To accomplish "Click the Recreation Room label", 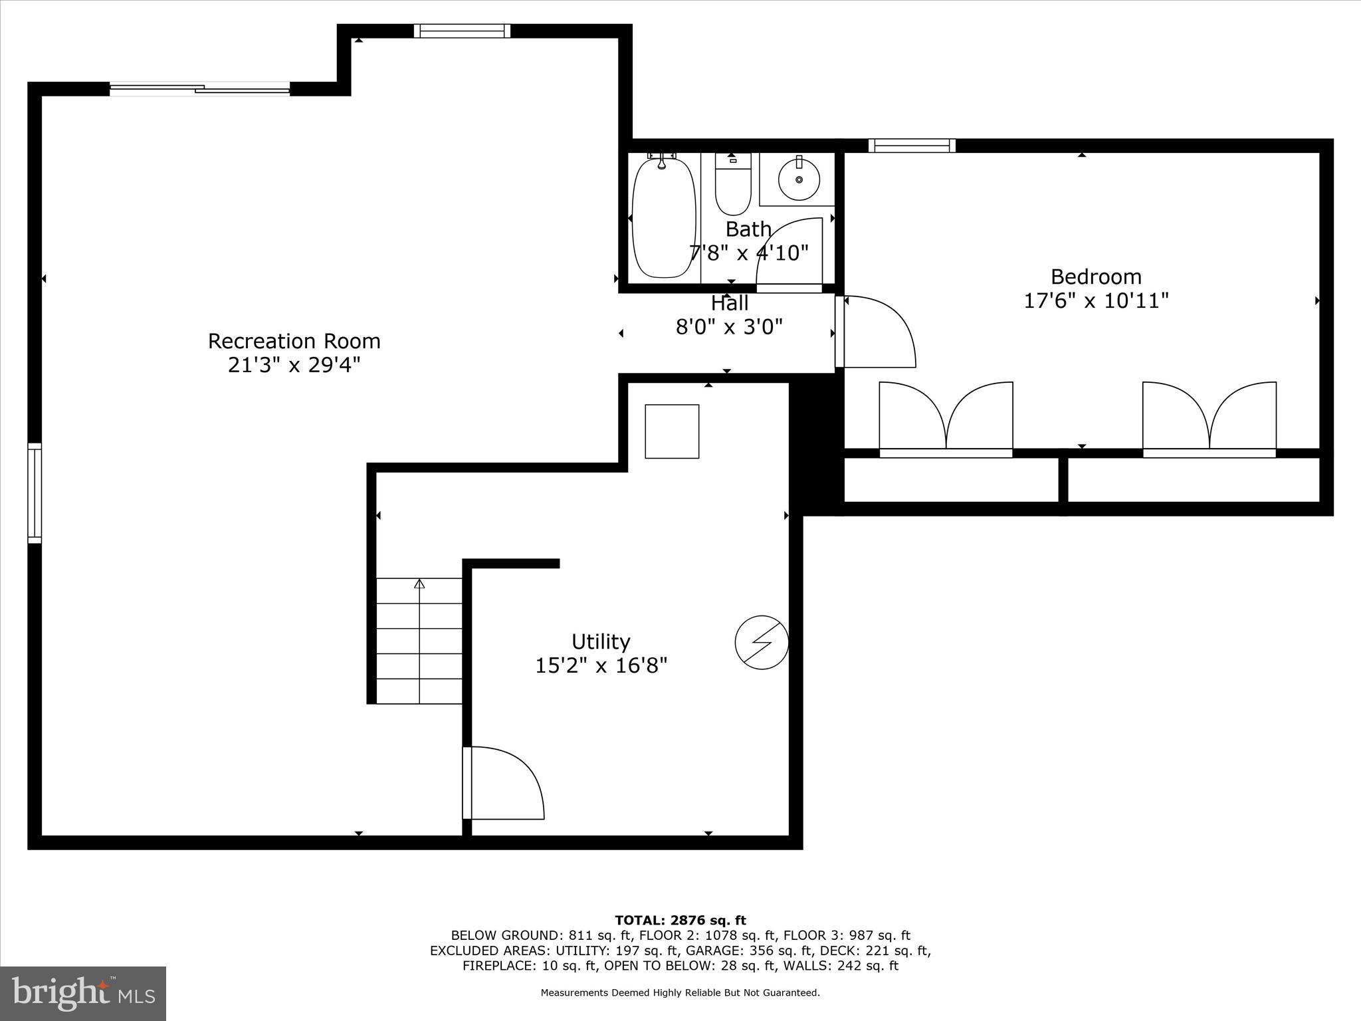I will [x=294, y=341].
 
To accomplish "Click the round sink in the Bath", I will [x=799, y=179].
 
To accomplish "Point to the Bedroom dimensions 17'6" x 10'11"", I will [x=1096, y=301].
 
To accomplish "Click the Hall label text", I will [x=730, y=304].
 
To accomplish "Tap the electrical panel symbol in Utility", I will [x=762, y=643].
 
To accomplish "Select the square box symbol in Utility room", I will [x=672, y=431].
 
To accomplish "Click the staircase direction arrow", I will [x=419, y=584].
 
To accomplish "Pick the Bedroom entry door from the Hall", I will [x=876, y=332].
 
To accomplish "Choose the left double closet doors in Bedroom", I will [x=946, y=417].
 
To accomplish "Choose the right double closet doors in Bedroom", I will [x=1209, y=417].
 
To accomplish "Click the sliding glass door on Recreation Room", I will [x=199, y=88].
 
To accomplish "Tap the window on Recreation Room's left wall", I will [x=35, y=493].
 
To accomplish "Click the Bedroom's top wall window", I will [x=911, y=146].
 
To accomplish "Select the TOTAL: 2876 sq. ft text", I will [x=680, y=921].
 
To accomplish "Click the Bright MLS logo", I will [x=82, y=994].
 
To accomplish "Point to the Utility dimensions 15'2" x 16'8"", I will [x=601, y=665].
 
